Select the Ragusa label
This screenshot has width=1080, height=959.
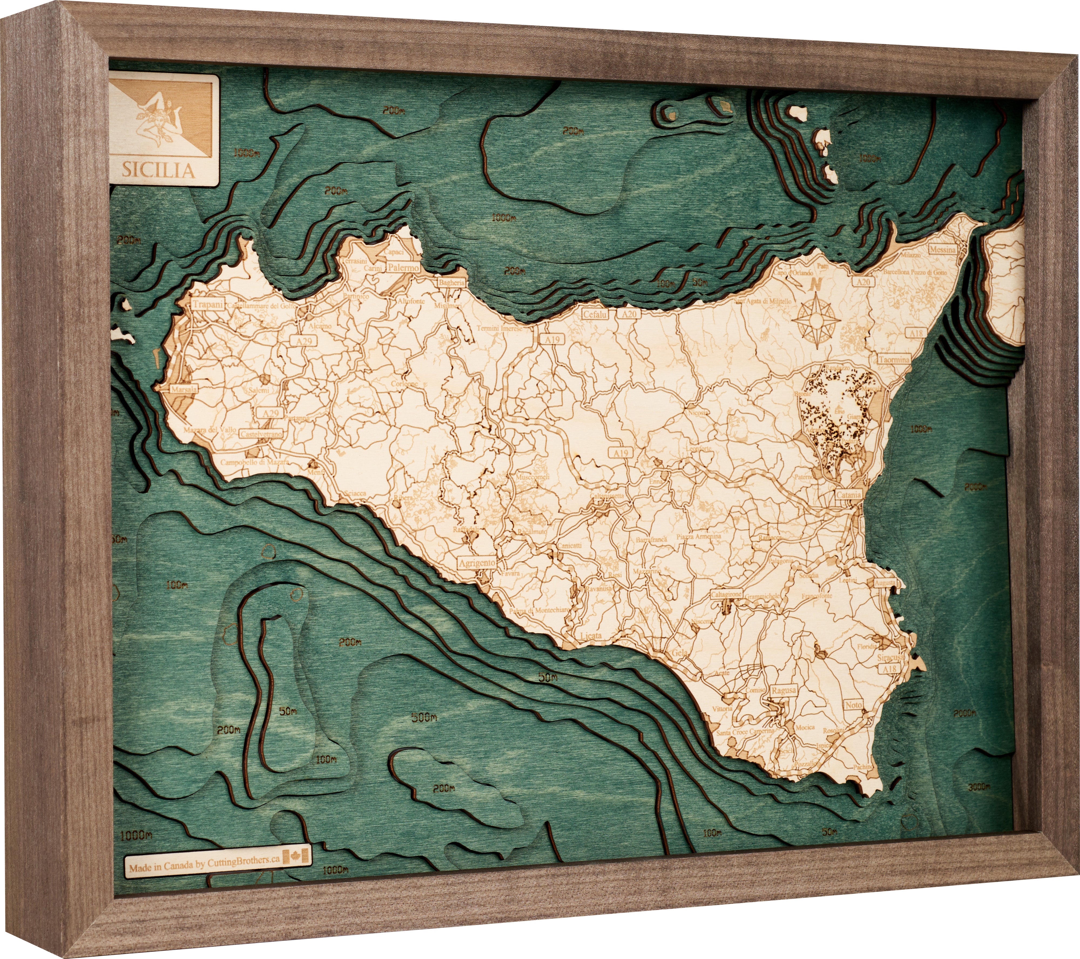(x=783, y=690)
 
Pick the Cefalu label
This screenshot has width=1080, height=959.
(x=595, y=314)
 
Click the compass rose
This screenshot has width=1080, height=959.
(x=816, y=319)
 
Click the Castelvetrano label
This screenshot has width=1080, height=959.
(x=261, y=434)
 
